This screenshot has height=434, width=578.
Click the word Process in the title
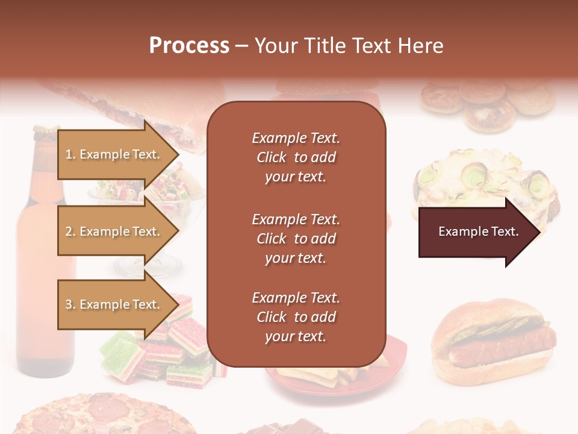tap(189, 45)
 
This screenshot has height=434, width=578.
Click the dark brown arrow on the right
tap(479, 232)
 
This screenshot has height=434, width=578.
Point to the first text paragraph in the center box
tap(296, 157)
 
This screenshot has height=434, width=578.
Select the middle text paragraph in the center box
tap(296, 239)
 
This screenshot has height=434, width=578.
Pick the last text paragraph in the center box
tap(296, 317)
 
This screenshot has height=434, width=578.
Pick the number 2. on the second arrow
tap(70, 231)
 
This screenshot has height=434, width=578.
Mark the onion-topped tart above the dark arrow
tap(482, 181)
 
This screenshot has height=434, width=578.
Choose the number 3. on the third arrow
tap(70, 304)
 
